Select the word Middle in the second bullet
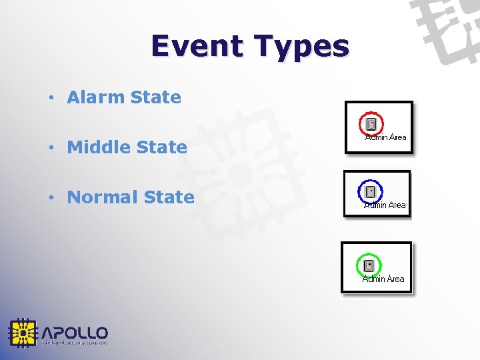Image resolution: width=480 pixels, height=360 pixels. tap(98, 147)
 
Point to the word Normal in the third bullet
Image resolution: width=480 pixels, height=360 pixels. tap(103, 197)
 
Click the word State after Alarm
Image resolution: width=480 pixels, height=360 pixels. tap(156, 97)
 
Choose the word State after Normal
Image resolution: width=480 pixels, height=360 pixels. tap(169, 197)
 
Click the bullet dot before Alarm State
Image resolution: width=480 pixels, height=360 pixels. tap(51, 98)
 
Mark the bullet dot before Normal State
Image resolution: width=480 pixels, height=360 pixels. tap(51, 198)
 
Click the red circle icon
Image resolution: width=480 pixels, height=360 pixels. tap(371, 123)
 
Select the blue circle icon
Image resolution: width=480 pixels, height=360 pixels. tap(369, 192)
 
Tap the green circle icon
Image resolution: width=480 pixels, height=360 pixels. tap(368, 265)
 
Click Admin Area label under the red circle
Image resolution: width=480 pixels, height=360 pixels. tap(386, 137)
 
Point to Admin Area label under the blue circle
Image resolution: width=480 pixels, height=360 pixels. tap(385, 205)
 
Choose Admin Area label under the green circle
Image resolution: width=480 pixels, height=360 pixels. tap(383, 279)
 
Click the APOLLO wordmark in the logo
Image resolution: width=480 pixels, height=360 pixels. tap(75, 332)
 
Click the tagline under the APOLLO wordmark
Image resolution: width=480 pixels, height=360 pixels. tap(74, 343)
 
